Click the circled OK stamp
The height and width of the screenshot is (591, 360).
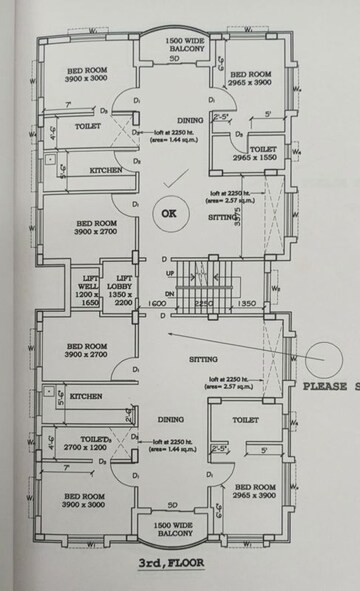(x=168, y=213)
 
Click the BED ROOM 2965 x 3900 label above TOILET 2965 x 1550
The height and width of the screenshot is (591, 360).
(x=252, y=80)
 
